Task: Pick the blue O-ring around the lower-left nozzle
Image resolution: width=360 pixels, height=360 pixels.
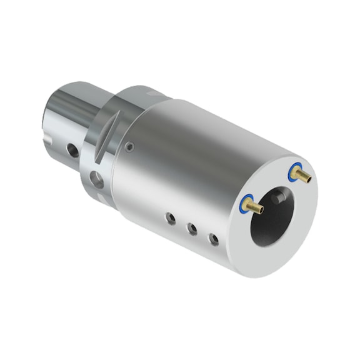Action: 246,202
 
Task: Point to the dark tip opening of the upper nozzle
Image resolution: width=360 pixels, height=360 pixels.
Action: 309,180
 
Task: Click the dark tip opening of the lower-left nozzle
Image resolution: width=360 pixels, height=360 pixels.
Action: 262,211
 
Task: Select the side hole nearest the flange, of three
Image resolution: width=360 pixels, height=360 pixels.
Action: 169,218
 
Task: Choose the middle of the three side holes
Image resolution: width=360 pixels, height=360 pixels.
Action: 192,229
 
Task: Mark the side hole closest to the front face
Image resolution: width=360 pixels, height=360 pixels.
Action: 214,239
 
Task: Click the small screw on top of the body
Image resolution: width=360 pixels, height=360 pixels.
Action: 129,147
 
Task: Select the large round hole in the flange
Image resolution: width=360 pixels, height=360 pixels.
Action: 97,181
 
